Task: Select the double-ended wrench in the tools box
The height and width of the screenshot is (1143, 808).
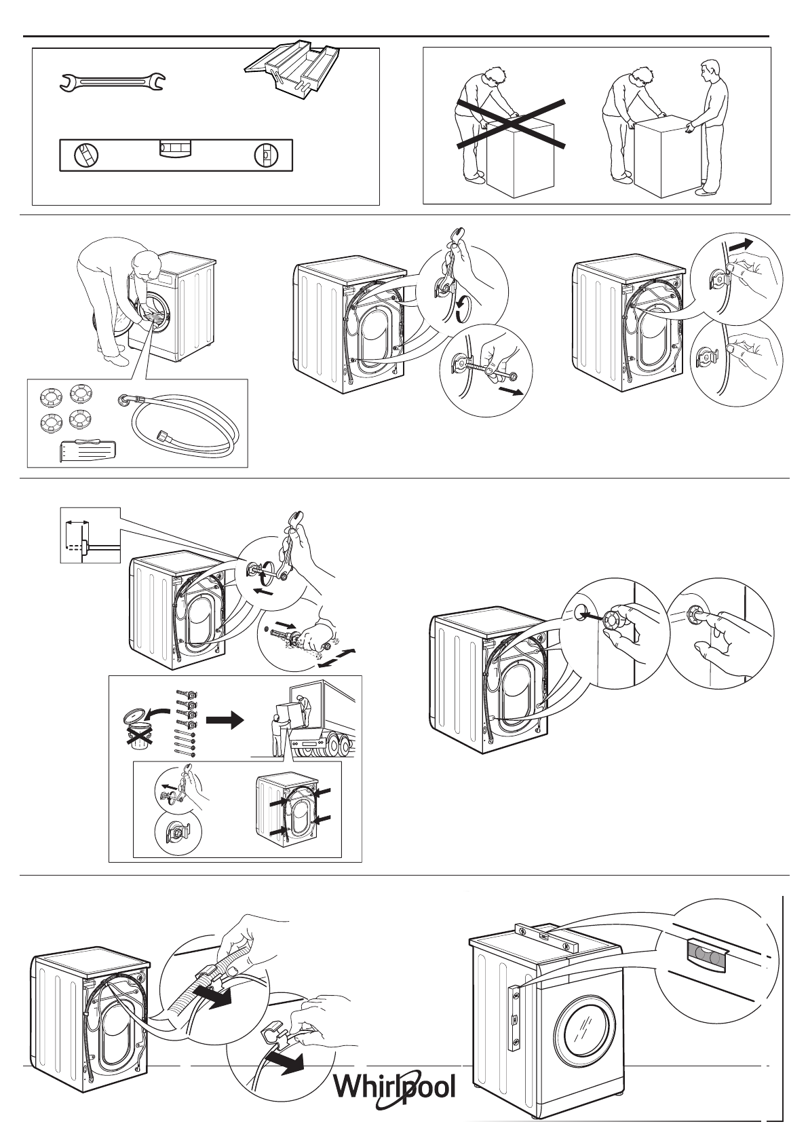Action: pyautogui.click(x=112, y=83)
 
